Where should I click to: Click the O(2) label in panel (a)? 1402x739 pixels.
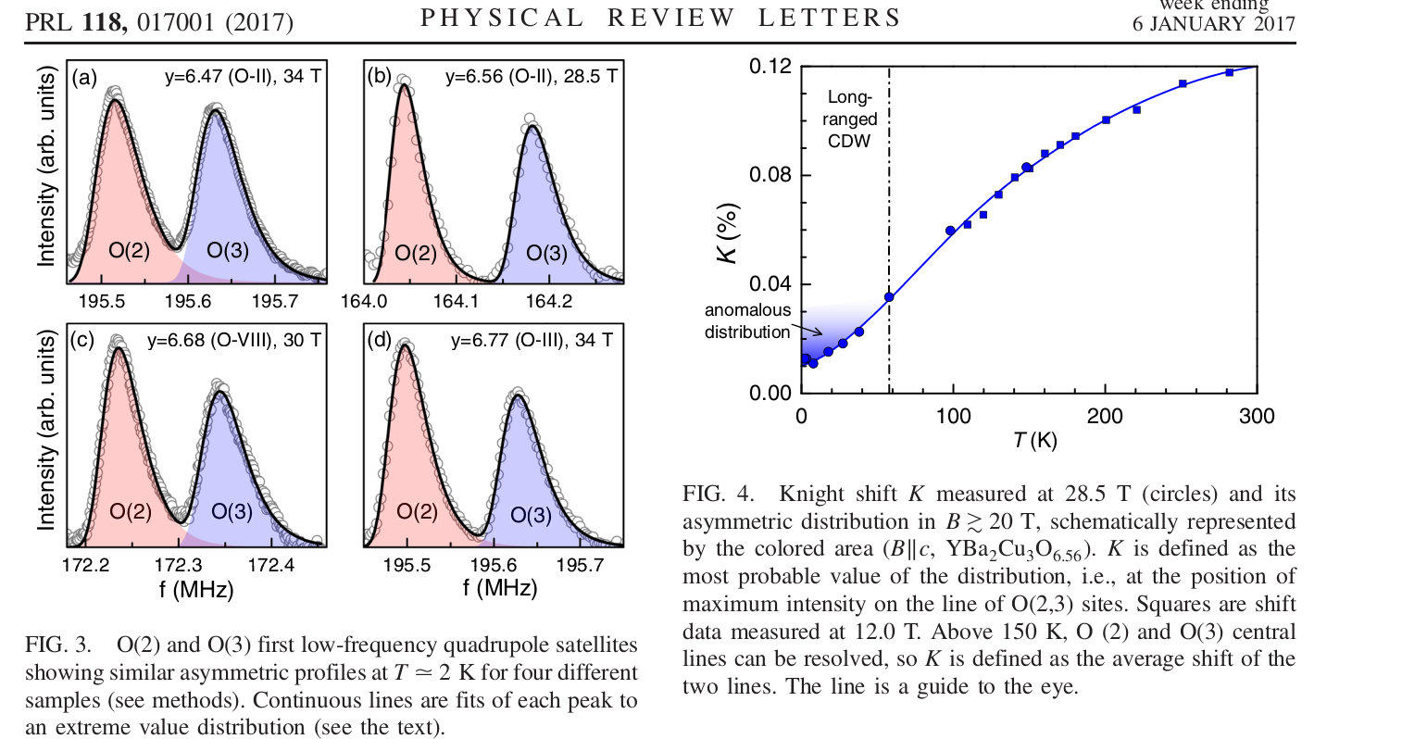coord(129,250)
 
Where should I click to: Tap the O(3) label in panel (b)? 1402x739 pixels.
coord(546,253)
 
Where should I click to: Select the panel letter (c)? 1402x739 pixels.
coord(83,341)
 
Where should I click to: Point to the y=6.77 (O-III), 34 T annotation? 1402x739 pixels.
coord(532,341)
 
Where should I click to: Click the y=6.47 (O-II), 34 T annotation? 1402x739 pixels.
coord(243,77)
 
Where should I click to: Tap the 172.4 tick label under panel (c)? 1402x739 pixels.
coord(271,564)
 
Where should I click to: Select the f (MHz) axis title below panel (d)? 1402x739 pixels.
coord(500,588)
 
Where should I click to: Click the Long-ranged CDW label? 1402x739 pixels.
coord(849,119)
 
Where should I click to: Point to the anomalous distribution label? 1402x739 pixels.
coord(748,321)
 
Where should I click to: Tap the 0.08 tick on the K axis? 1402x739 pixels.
coord(770,175)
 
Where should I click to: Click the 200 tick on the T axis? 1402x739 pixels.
coord(1105,417)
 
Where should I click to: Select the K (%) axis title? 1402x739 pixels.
coord(729,232)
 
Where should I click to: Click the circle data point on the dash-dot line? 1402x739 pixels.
coord(889,297)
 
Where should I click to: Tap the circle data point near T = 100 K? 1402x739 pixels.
coord(950,231)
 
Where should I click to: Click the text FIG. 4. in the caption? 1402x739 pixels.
coord(718,495)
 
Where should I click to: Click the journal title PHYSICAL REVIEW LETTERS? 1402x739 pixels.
coord(660,19)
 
